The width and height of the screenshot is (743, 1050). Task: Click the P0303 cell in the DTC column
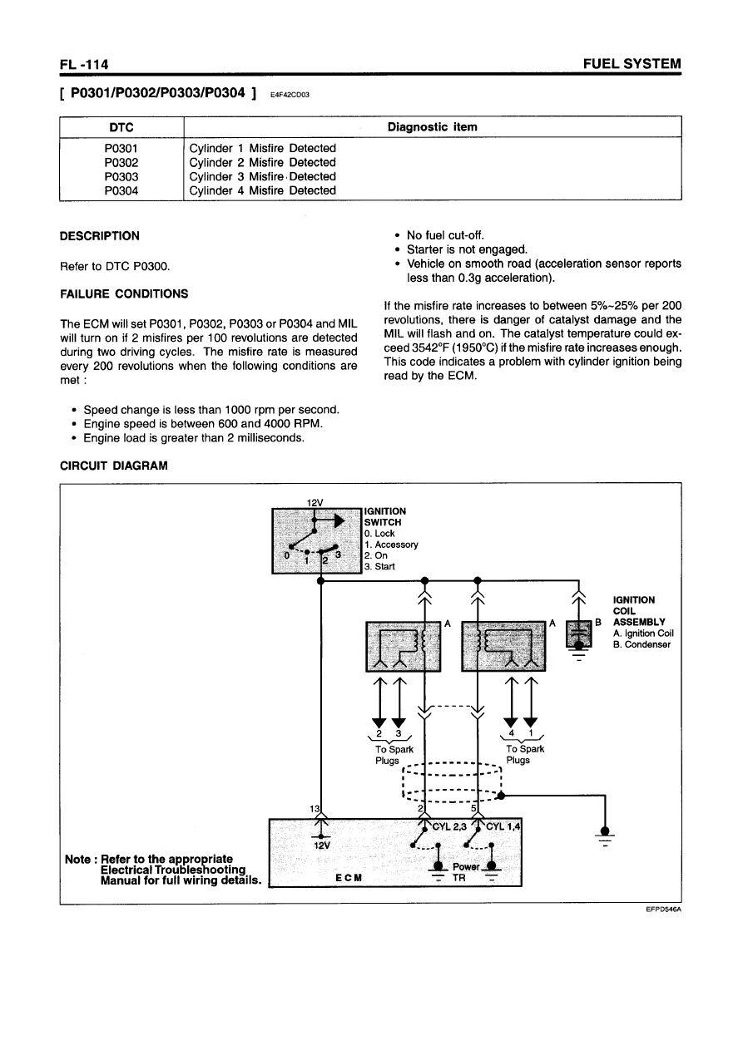[x=121, y=176]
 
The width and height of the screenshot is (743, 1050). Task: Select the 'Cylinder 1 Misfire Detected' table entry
[x=262, y=148]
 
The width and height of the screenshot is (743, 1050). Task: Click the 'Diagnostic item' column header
[x=433, y=127]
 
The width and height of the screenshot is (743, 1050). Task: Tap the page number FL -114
[x=85, y=64]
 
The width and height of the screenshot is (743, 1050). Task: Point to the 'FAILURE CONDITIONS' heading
[x=124, y=293]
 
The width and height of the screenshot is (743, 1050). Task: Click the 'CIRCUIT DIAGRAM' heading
[x=114, y=466]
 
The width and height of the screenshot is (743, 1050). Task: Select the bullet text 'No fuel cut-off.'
[x=449, y=235]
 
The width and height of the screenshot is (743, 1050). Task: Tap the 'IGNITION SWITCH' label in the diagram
[x=385, y=516]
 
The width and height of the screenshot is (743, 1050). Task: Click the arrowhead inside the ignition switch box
[x=338, y=520]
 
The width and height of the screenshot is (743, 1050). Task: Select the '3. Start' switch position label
[x=380, y=567]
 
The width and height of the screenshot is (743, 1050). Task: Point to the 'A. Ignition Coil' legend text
[x=643, y=633]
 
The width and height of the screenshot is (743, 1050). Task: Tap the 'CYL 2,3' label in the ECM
[x=448, y=826]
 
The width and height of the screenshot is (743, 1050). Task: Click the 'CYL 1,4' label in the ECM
[x=503, y=826]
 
